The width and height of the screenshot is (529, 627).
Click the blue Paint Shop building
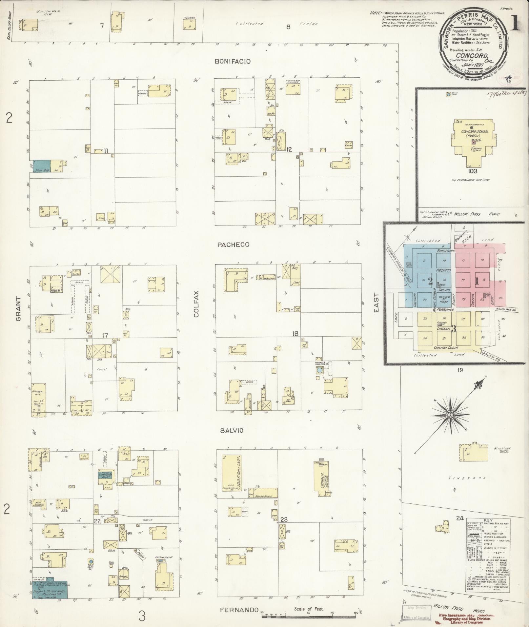[x=41, y=166]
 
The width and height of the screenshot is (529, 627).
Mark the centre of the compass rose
[x=450, y=415]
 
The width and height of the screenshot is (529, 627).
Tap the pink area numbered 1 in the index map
[x=477, y=281]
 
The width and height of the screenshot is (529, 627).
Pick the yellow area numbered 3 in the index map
[x=454, y=328]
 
